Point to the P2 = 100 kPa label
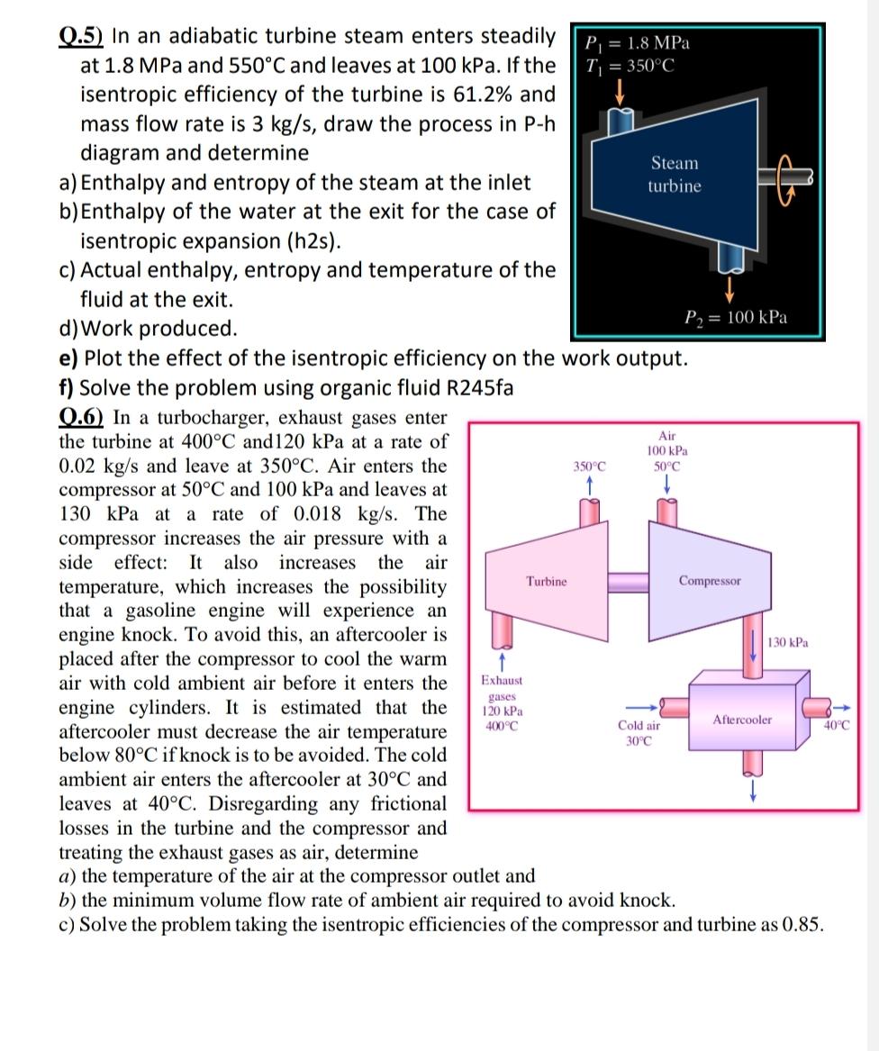pyautogui.click(x=736, y=317)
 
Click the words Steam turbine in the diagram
pyautogui.click(x=674, y=175)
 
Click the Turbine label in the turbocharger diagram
pyautogui.click(x=547, y=581)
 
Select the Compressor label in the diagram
pyautogui.click(x=711, y=581)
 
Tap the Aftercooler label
pyautogui.click(x=742, y=720)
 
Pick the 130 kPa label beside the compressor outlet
pyautogui.click(x=789, y=642)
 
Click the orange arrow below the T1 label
pyautogui.click(x=619, y=90)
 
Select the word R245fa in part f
pyautogui.click(x=472, y=388)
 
